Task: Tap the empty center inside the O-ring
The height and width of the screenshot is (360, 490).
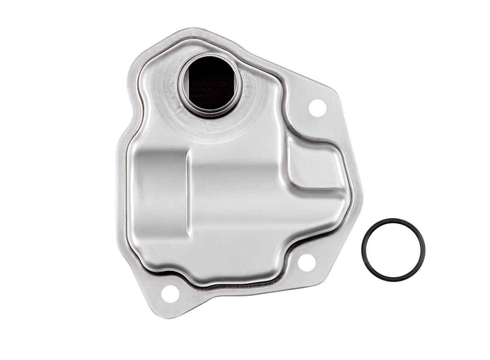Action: [393, 250]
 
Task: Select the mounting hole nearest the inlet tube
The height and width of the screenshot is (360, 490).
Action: [317, 108]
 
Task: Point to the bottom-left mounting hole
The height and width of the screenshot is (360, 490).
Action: [170, 294]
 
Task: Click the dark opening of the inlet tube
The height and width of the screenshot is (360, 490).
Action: [210, 84]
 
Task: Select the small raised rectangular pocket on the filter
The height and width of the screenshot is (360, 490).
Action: [312, 163]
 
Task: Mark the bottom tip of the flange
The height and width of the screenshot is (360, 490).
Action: [163, 317]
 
